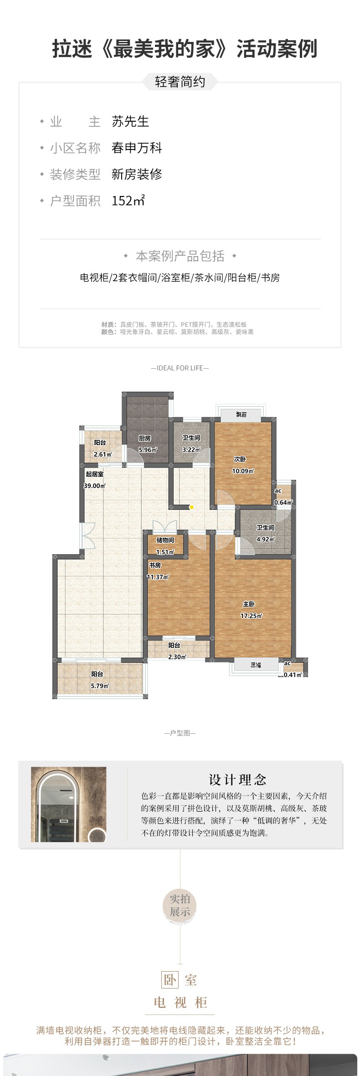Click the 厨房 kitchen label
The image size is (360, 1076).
click(144, 438)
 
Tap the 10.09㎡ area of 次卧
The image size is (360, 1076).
click(243, 471)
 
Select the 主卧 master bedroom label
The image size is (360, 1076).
click(248, 604)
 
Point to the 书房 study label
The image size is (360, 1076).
click(155, 565)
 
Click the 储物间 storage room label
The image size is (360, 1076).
click(165, 540)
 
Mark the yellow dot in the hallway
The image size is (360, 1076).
click(192, 507)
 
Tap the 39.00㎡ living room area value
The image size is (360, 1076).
click(94, 486)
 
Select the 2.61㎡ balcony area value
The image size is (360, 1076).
click(103, 454)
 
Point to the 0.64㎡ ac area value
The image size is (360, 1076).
click(283, 503)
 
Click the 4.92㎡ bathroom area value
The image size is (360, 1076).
click(266, 539)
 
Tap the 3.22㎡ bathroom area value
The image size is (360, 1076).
click(191, 449)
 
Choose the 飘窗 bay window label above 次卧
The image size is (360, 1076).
click(242, 415)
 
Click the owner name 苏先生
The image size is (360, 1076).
click(130, 122)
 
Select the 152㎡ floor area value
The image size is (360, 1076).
click(129, 201)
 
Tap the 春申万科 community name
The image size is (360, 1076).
click(137, 148)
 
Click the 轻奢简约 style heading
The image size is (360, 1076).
click(180, 82)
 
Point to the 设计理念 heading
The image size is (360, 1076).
click(237, 780)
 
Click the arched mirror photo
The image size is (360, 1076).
click(69, 804)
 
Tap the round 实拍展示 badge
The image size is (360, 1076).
click(180, 906)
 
